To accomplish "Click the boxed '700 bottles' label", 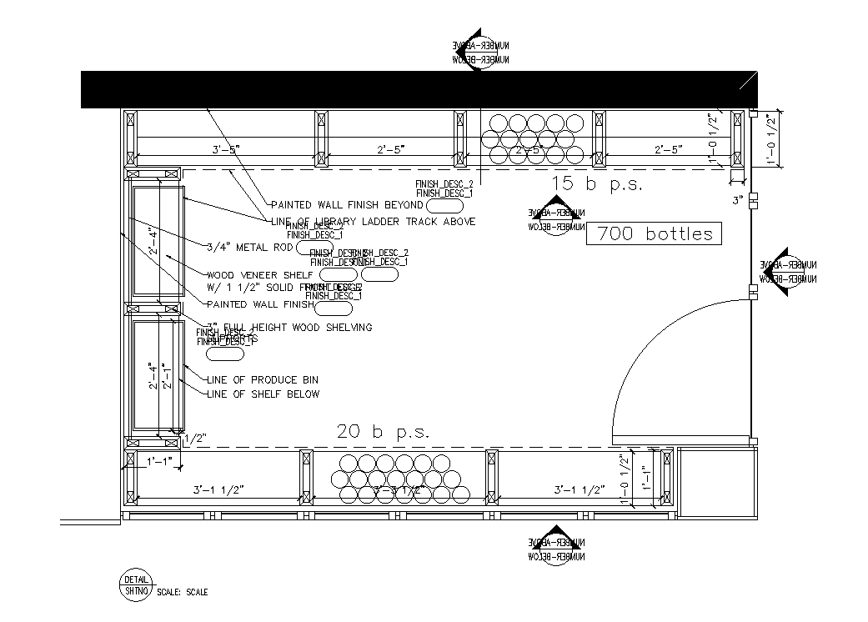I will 655,234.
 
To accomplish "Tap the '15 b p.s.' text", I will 597,185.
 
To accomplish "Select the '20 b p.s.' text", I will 383,432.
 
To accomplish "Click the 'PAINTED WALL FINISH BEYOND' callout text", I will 348,205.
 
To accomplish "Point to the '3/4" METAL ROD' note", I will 251,246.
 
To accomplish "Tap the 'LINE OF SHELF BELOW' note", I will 263,394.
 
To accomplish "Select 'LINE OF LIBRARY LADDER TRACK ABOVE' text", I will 374,222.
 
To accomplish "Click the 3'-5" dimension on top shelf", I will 226,150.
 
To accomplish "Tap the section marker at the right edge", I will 782,272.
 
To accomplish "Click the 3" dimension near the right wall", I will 738,200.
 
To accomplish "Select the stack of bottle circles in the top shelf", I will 537,138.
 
